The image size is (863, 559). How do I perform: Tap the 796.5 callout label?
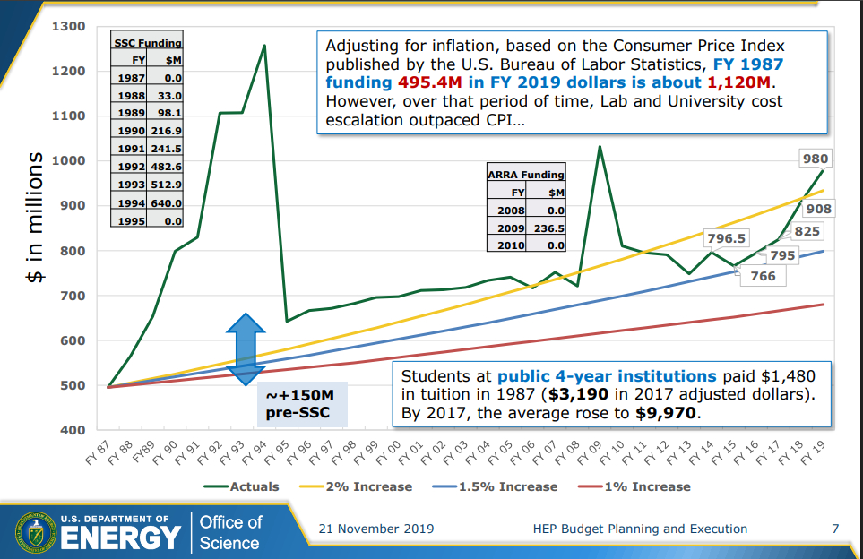click(x=726, y=238)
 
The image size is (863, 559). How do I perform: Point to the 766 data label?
click(x=763, y=276)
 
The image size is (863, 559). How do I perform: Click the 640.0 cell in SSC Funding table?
click(x=167, y=202)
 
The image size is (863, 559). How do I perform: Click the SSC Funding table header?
click(x=147, y=42)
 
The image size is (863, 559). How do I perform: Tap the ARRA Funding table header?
click(x=526, y=175)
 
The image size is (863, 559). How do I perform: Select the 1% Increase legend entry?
click(x=641, y=486)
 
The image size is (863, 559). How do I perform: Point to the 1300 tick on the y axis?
click(x=68, y=26)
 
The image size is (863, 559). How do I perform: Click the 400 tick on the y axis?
click(x=73, y=430)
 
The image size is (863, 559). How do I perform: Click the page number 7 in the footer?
click(x=835, y=529)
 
